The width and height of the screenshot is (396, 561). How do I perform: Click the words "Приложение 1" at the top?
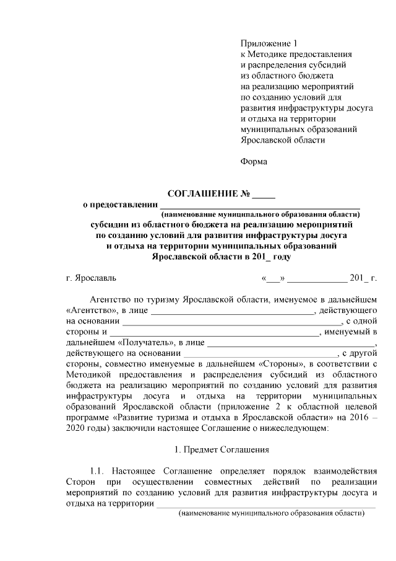coord(269,43)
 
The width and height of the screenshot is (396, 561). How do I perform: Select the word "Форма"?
coord(254,162)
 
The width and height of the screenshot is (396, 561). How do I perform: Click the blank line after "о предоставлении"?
coord(260,205)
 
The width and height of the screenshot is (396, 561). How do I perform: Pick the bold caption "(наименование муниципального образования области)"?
coord(260,214)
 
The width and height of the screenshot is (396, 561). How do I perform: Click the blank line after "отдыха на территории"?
coord(266,505)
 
